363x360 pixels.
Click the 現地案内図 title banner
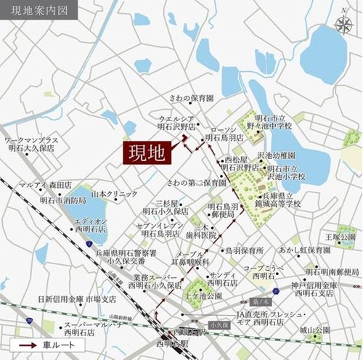[x=36, y=12]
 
